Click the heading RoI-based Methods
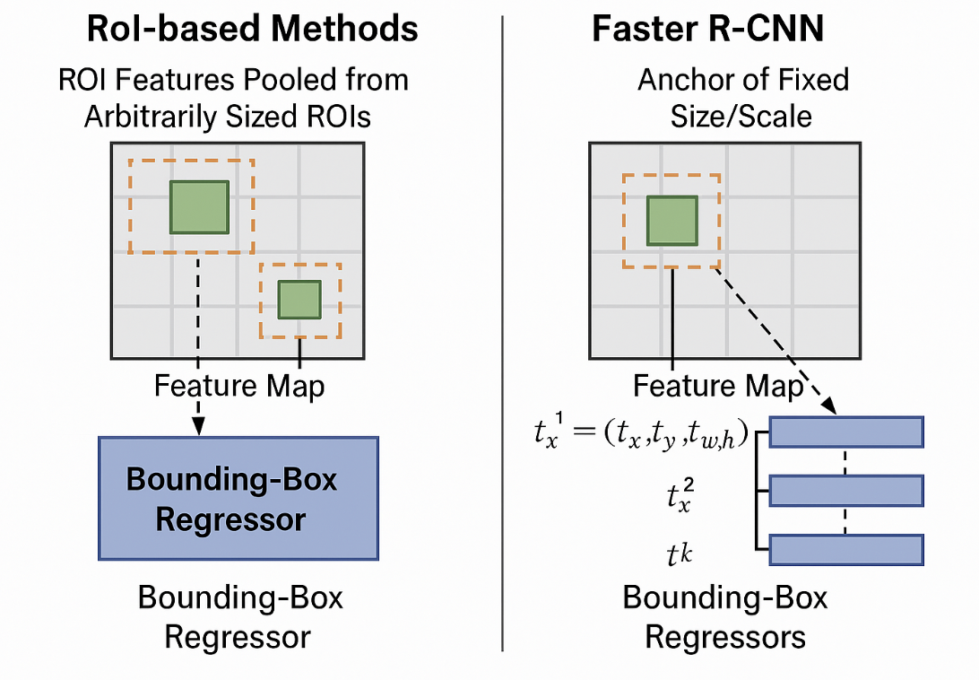click(x=252, y=30)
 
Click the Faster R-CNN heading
click(x=708, y=30)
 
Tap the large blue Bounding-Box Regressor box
click(x=238, y=498)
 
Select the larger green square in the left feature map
click(x=199, y=207)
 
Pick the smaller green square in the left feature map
click(x=299, y=300)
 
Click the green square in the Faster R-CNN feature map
click(x=672, y=221)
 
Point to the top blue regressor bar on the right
click(x=846, y=432)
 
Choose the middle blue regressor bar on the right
click(x=846, y=491)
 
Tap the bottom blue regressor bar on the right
click(x=846, y=549)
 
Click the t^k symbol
click(x=679, y=555)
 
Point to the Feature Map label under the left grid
click(x=239, y=387)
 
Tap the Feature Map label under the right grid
click(x=718, y=387)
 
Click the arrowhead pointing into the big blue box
click(x=199, y=429)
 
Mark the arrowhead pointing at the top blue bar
click(x=828, y=407)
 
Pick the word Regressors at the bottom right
click(x=725, y=637)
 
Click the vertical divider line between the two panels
click(x=503, y=341)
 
